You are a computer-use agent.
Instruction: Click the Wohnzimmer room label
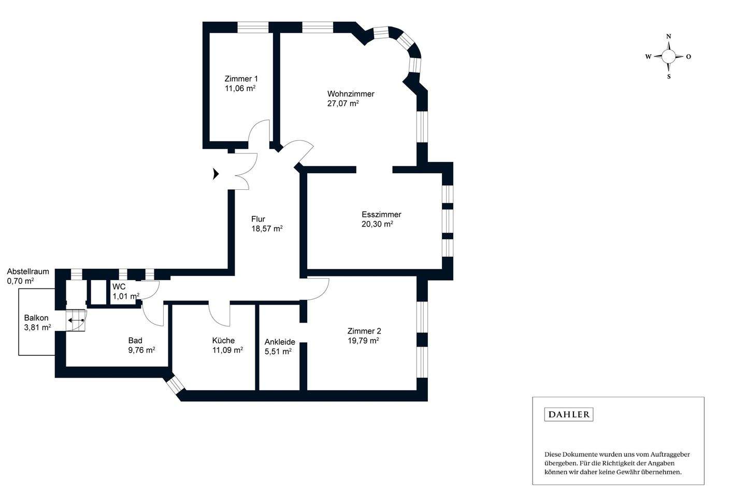coord(350,94)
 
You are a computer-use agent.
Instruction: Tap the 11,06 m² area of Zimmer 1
coord(240,89)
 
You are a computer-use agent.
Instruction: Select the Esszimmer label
coord(381,214)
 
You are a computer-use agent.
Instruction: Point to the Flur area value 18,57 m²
coord(267,229)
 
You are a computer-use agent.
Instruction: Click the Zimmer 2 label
coord(364,331)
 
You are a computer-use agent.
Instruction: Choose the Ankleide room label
coord(280,342)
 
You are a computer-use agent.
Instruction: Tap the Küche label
coord(223,340)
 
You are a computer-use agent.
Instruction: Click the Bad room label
coord(135,340)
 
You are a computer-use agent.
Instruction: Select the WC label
coord(119,287)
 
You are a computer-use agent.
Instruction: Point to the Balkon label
coord(36,318)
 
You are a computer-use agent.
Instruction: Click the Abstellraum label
coord(28,271)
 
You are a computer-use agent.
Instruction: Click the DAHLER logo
coord(569,414)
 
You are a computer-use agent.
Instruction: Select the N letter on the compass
coord(669,36)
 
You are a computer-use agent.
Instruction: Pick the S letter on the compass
coord(669,77)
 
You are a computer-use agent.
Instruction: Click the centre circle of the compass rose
coord(669,57)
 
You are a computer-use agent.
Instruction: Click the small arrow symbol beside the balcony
coord(76,321)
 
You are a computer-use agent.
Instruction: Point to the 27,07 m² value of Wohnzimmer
coord(343,104)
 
